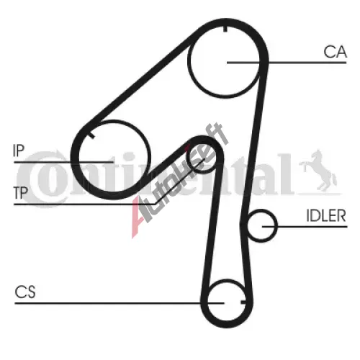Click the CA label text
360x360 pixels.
click(x=335, y=52)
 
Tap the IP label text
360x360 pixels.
click(x=19, y=150)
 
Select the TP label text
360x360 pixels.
click(x=21, y=192)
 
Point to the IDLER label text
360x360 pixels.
click(x=326, y=215)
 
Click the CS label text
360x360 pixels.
click(x=25, y=292)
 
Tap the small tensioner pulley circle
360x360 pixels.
click(x=187, y=158)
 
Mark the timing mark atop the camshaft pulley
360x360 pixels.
click(x=225, y=28)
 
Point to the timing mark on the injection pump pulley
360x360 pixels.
click(x=91, y=135)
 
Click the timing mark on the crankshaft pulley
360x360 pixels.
click(x=243, y=302)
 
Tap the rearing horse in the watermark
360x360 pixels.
click(x=318, y=171)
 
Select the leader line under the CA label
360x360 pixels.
click(x=287, y=63)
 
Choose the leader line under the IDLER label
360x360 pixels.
click(x=305, y=226)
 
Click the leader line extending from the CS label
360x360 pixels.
click(x=120, y=303)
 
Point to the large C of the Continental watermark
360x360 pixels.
click(x=43, y=179)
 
